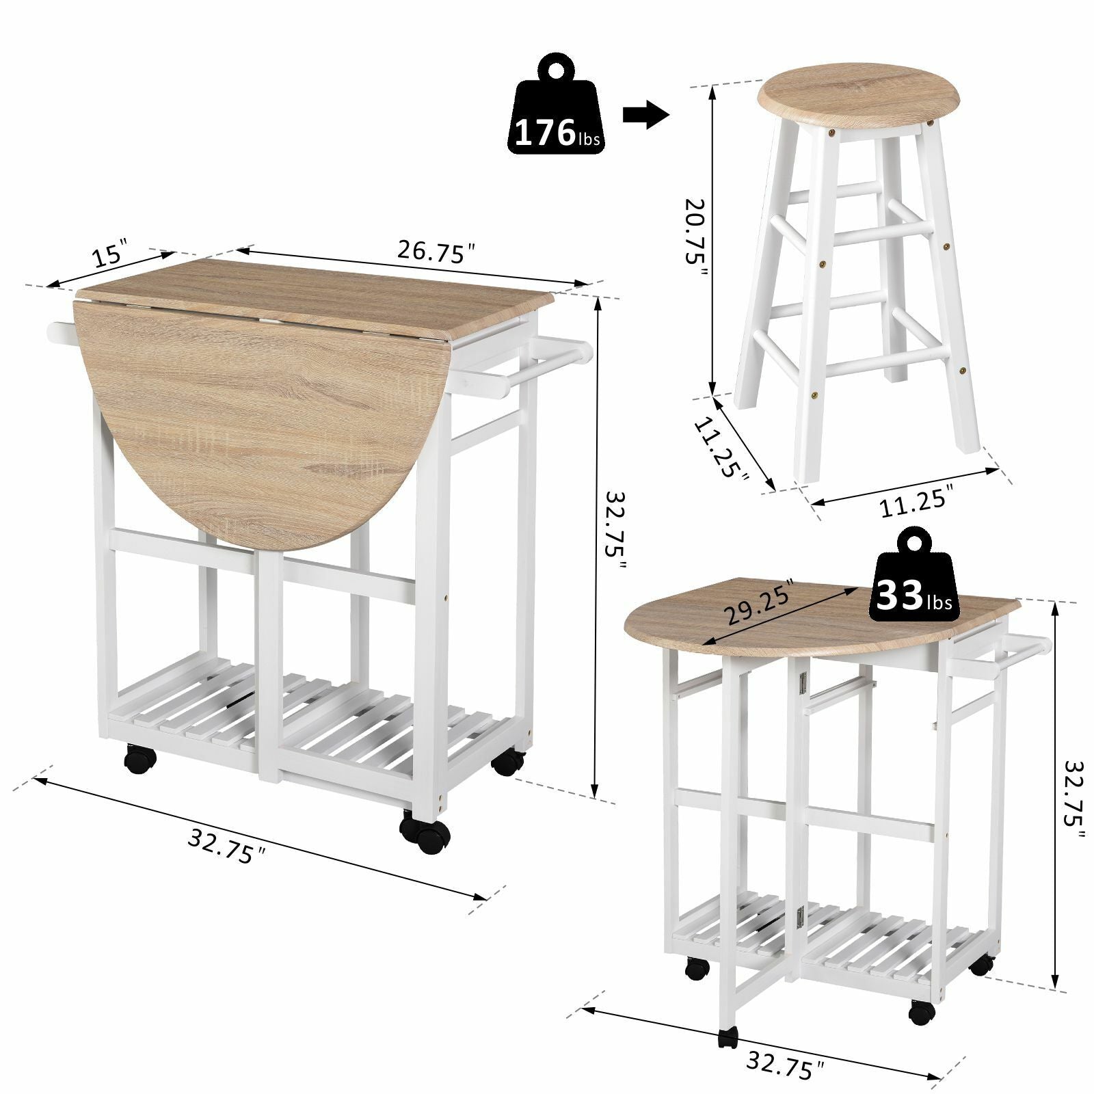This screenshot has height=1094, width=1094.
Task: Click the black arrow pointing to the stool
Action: pos(645,116)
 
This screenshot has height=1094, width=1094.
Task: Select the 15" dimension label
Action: pos(109,254)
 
